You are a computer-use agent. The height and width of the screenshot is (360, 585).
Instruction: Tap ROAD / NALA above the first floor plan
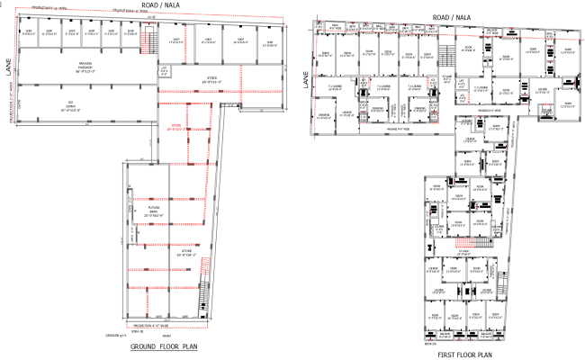click(451, 16)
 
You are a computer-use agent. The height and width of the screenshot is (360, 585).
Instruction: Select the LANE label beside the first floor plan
click(305, 82)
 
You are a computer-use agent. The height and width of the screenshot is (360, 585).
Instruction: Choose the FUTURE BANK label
click(154, 213)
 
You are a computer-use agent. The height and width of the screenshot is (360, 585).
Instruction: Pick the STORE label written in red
click(176, 128)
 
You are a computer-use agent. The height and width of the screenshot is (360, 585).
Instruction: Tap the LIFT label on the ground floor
click(165, 68)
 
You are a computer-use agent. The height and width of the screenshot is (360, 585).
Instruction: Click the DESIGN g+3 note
click(116, 333)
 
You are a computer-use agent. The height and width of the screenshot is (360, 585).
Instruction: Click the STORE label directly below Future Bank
click(186, 255)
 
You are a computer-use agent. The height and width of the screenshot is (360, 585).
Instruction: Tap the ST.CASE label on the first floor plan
click(430, 29)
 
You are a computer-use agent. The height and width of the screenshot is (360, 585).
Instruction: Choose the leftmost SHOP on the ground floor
click(30, 32)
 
